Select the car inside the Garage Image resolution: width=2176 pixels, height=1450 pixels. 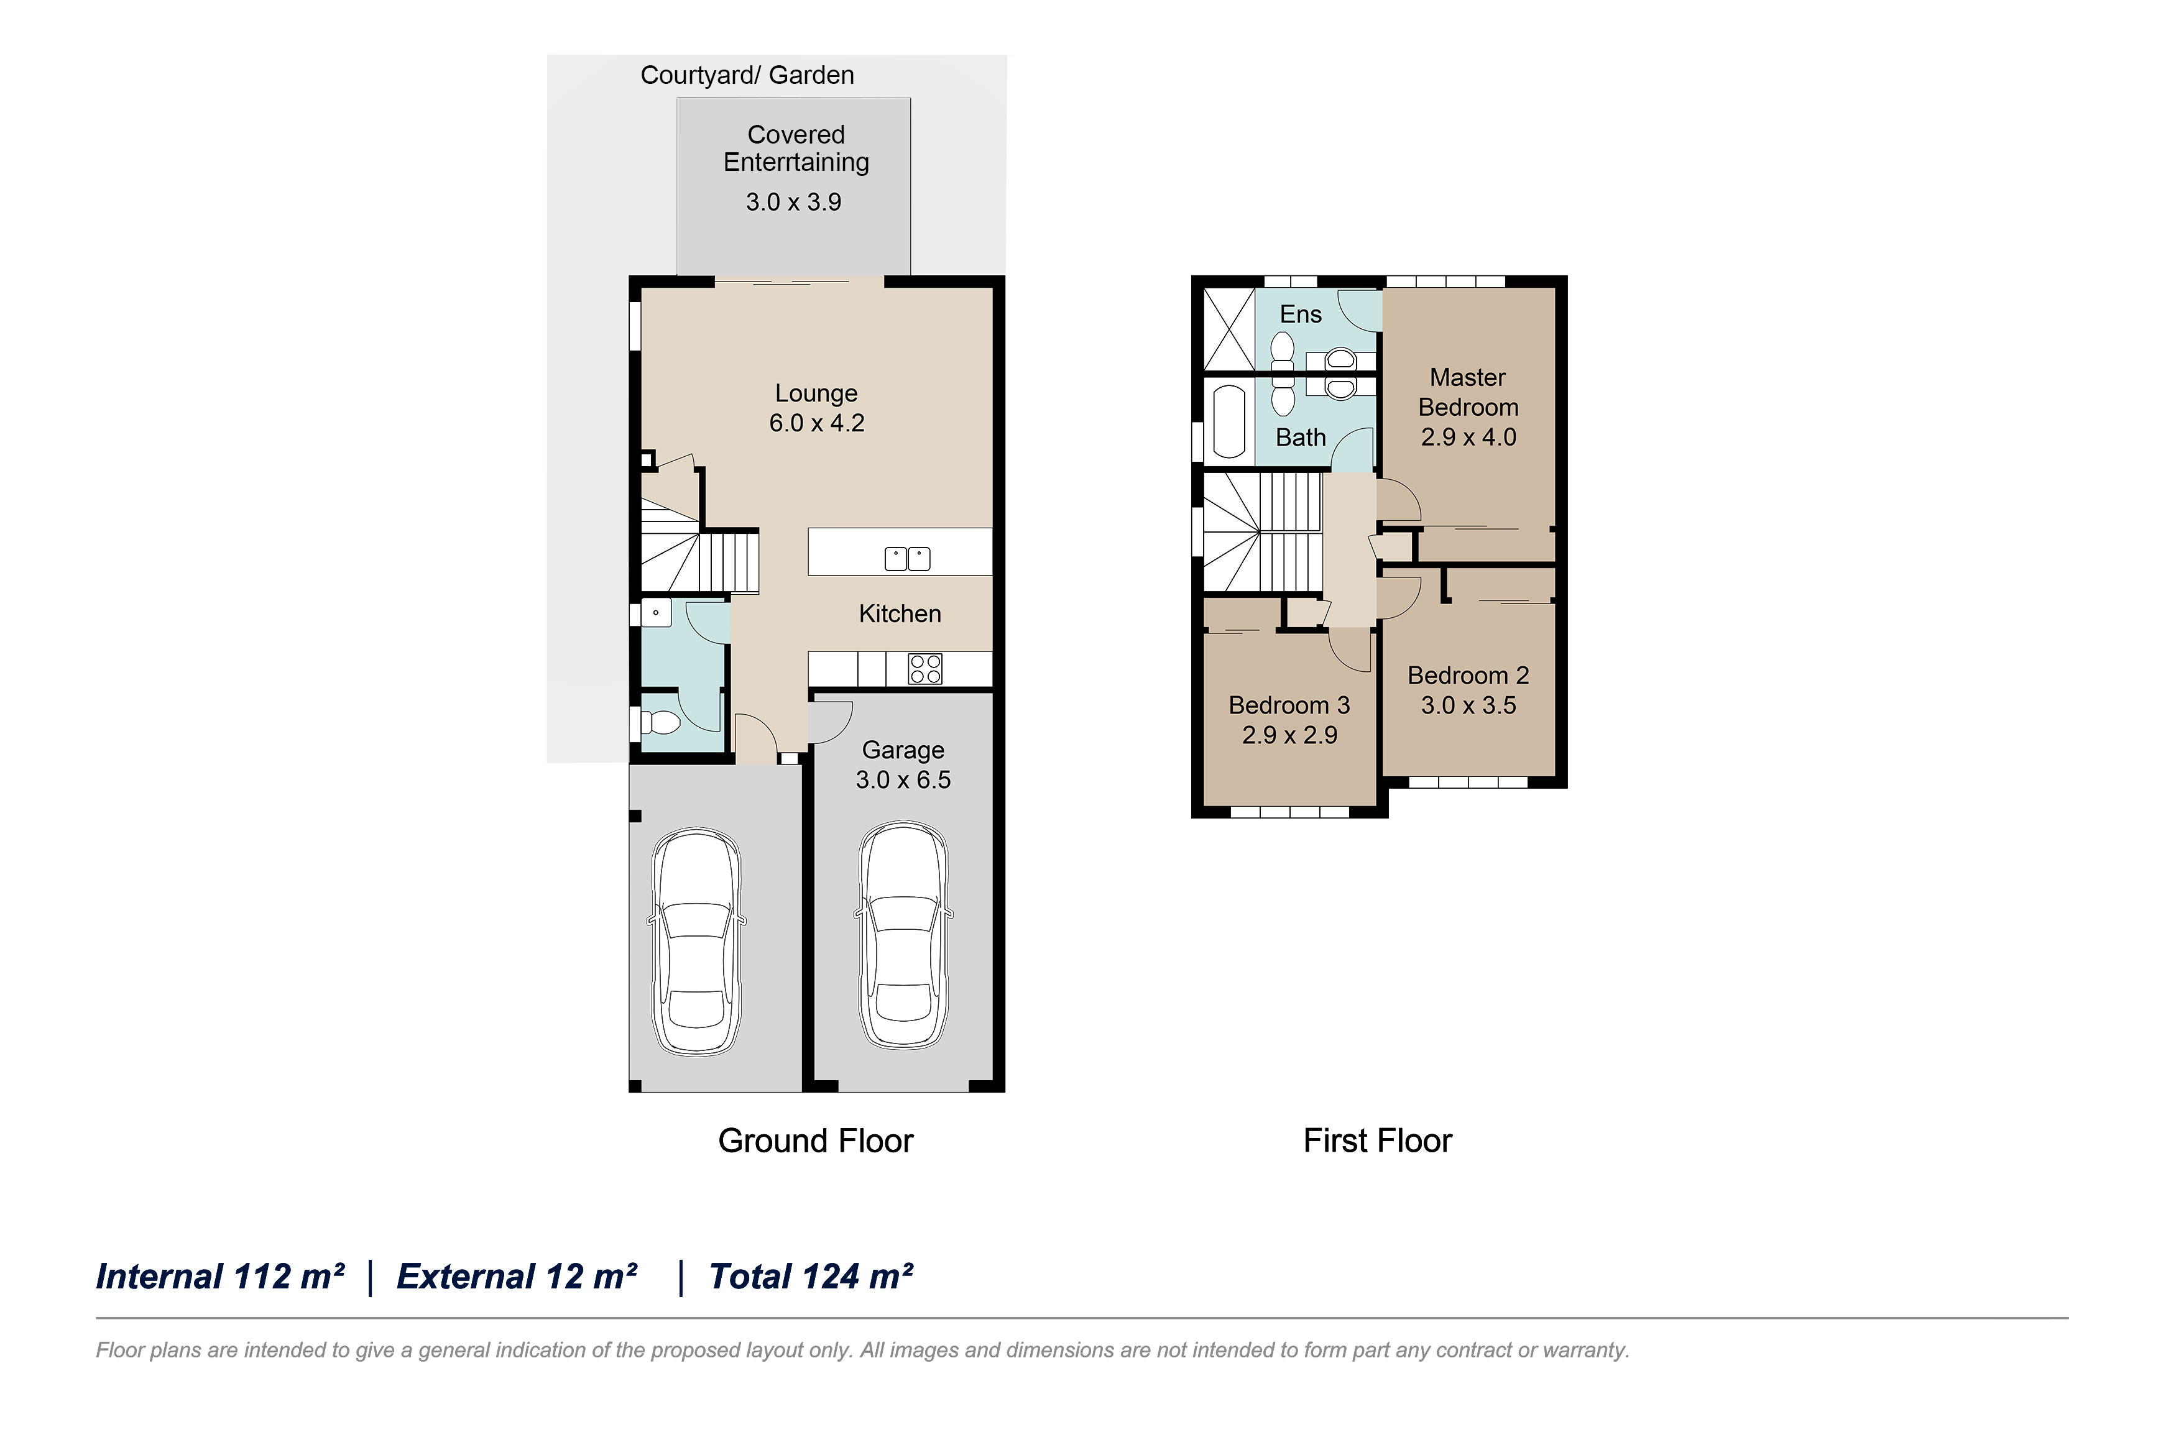coord(903,936)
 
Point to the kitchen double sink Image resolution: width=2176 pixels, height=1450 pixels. coord(907,559)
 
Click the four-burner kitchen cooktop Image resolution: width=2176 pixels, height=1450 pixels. coord(924,669)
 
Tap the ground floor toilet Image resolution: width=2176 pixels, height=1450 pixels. coord(660,722)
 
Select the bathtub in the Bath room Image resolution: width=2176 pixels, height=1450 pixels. coord(1229,421)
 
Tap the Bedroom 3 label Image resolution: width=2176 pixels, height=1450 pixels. coord(1289,705)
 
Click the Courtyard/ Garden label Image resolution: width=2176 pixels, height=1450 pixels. coord(747,75)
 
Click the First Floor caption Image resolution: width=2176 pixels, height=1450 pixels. coord(1377,1141)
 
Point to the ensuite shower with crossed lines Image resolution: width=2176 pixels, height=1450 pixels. coord(1228,329)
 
